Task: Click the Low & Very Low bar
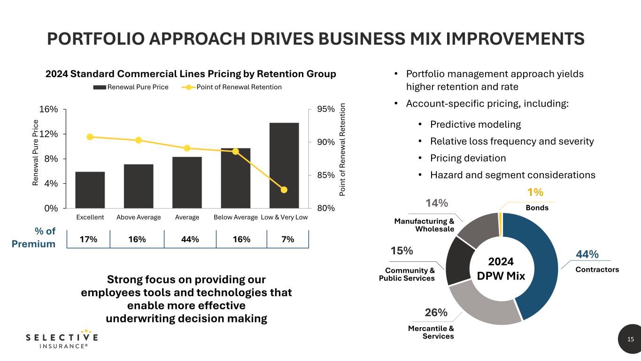pyautogui.click(x=284, y=165)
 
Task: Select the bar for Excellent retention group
pyautogui.click(x=90, y=190)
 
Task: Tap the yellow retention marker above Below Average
pyautogui.click(x=236, y=151)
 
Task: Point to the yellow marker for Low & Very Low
pyautogui.click(x=284, y=190)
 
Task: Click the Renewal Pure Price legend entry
pyautogui.click(x=131, y=87)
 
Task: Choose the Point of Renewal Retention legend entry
pyautogui.click(x=234, y=87)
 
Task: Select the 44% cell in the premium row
pyautogui.click(x=190, y=239)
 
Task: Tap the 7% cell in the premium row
pyautogui.click(x=287, y=239)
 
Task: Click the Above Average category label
pyautogui.click(x=139, y=217)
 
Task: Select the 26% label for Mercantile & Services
pyautogui.click(x=436, y=313)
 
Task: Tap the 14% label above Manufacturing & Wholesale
pyautogui.click(x=437, y=203)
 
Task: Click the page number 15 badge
pyautogui.click(x=630, y=339)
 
